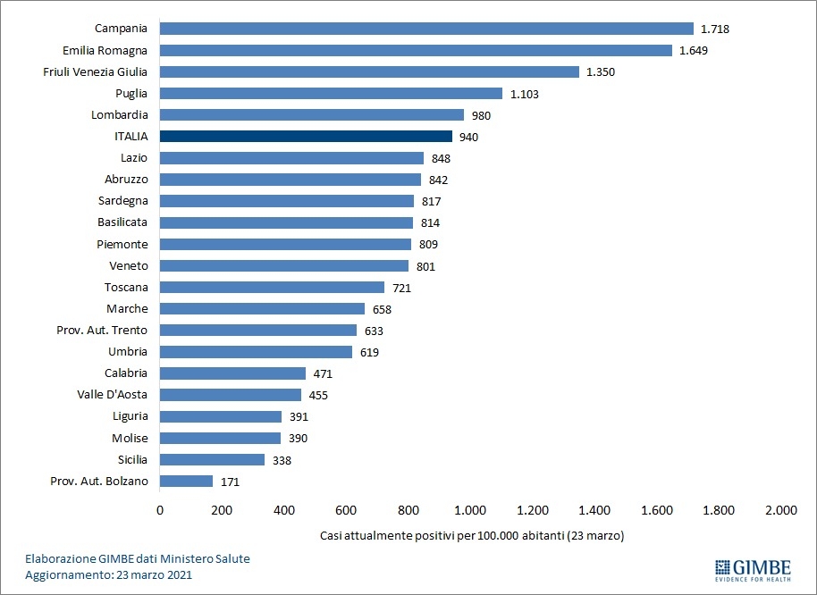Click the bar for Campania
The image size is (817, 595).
point(426,29)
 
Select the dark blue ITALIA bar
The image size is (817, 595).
point(306,137)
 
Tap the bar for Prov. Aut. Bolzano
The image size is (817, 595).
point(186,482)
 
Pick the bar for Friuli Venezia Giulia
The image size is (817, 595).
point(369,71)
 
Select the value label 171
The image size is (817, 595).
point(231,482)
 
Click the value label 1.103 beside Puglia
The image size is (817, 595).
point(526,93)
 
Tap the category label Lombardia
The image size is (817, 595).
point(120,115)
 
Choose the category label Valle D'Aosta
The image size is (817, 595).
point(113,395)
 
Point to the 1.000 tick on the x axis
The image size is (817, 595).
point(470,511)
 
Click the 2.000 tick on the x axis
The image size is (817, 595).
point(780,511)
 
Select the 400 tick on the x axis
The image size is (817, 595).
point(284,511)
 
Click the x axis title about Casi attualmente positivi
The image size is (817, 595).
point(471,536)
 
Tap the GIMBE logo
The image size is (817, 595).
point(753,569)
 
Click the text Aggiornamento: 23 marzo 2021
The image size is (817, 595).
point(108,574)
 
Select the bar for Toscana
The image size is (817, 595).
point(272,288)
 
